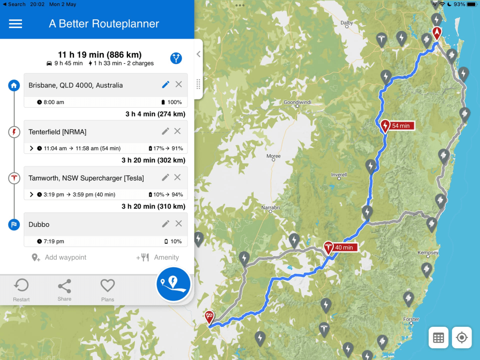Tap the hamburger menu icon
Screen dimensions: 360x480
(x=15, y=24)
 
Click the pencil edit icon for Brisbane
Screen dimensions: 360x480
(x=165, y=84)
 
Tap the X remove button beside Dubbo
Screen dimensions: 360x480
(x=179, y=224)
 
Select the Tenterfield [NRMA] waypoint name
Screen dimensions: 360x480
(x=57, y=132)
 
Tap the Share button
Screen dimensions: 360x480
(x=64, y=290)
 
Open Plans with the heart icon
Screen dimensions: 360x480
(x=107, y=290)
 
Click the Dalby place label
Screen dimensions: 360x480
(x=347, y=22)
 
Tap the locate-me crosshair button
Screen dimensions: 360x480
(x=462, y=337)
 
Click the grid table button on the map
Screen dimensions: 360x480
(x=439, y=337)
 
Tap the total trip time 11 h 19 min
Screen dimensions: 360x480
(x=99, y=55)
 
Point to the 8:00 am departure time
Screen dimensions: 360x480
(x=53, y=102)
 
